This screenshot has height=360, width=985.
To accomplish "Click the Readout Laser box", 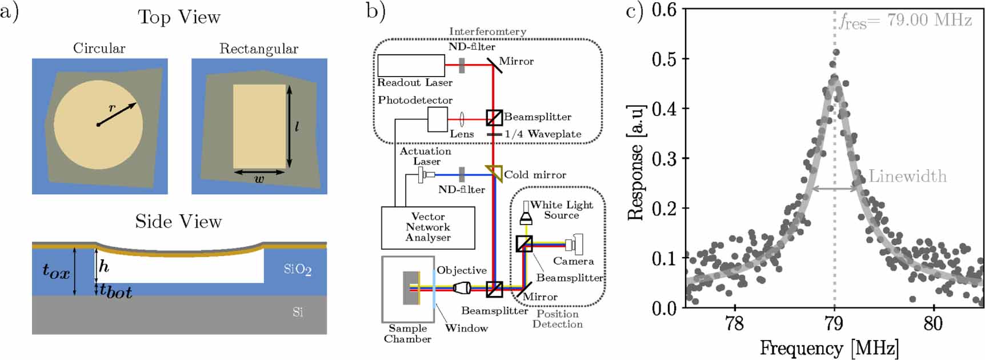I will (411, 65).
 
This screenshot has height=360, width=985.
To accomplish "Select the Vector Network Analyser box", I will (428, 227).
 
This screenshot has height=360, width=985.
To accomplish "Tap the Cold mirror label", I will (535, 175).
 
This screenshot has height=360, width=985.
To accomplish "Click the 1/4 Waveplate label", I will (543, 134).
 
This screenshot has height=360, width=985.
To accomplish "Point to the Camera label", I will (573, 261).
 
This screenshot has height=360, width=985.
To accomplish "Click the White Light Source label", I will (562, 210).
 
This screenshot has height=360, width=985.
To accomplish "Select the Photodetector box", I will (437, 119).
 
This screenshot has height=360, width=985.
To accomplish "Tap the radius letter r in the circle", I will (112, 107).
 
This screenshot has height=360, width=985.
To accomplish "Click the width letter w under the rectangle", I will (259, 179).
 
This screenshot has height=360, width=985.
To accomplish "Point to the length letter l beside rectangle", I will (297, 127).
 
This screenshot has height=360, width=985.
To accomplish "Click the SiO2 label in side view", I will (297, 269).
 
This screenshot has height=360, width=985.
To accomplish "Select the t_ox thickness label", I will (56, 271).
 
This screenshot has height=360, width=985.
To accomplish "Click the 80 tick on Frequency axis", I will (933, 324).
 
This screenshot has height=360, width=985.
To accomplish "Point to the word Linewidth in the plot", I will (907, 176).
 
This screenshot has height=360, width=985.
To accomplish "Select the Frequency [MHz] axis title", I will (829, 348).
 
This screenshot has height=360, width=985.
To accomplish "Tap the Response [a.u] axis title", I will (636, 162).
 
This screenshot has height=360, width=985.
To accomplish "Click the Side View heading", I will (178, 222).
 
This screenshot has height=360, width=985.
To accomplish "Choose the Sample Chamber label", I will (407, 334).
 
